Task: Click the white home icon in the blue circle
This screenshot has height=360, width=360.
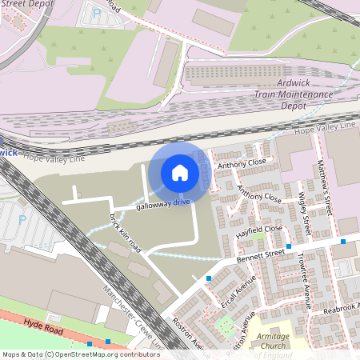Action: (x=179, y=173)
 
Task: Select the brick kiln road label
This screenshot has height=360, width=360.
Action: (x=126, y=233)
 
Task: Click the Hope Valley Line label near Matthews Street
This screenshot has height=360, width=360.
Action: (x=325, y=126)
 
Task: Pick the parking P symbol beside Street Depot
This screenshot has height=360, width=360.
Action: (x=97, y=14)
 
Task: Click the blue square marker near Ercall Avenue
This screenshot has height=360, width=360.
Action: (x=208, y=278)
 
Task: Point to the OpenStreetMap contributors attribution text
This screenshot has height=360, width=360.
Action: (x=80, y=354)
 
